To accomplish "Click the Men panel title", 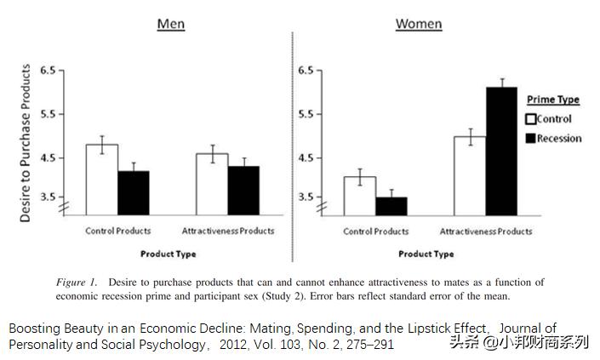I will point(170,23).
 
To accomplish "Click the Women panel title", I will point(419,23).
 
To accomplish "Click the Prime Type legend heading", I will point(553,100).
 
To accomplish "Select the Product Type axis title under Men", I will point(169,254).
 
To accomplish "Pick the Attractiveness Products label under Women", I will point(485,231).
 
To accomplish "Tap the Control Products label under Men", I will point(117,231).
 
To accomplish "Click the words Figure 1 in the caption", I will point(76,282).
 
